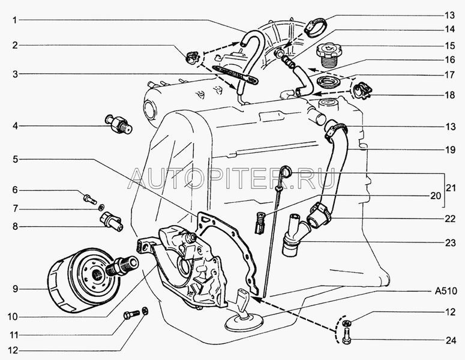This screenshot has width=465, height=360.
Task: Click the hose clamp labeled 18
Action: coord(363,92)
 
